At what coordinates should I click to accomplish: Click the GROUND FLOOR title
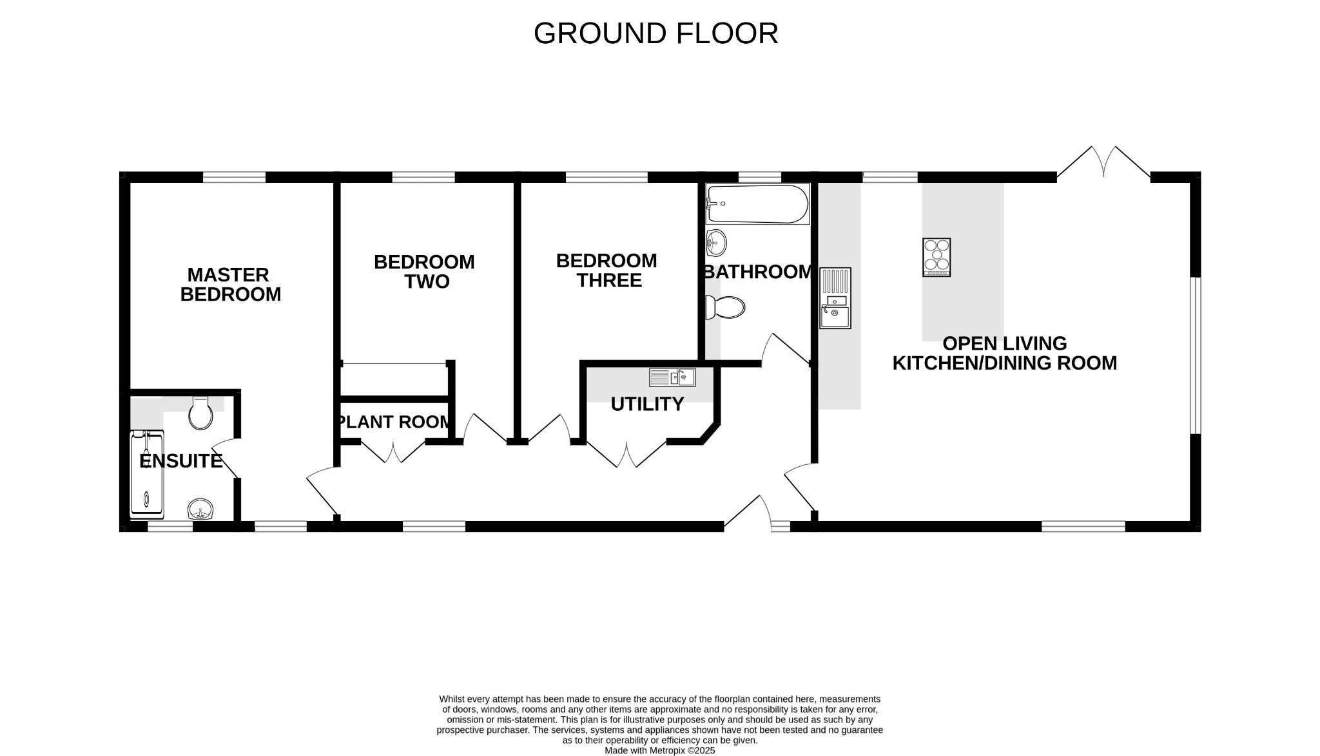(x=655, y=33)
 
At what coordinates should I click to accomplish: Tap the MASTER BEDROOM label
(x=230, y=285)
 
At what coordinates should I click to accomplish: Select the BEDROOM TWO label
(x=424, y=272)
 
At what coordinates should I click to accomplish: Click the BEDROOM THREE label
(x=607, y=270)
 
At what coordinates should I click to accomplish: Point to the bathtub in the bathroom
(x=757, y=203)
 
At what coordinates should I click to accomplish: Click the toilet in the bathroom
(x=726, y=307)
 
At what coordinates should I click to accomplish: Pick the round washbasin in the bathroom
(x=715, y=243)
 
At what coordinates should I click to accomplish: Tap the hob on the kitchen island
(x=937, y=257)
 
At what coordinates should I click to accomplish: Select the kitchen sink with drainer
(x=835, y=298)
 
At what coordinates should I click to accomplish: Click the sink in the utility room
(x=672, y=377)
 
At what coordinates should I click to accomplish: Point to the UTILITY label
(x=647, y=404)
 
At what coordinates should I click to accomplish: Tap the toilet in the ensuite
(x=200, y=413)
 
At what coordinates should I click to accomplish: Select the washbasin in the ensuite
(x=200, y=509)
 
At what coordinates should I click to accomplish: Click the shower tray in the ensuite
(x=147, y=475)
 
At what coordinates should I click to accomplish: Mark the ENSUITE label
(x=181, y=461)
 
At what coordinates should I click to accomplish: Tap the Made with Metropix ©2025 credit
(x=659, y=750)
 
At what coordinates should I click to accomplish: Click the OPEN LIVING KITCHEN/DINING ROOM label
(x=1004, y=353)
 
